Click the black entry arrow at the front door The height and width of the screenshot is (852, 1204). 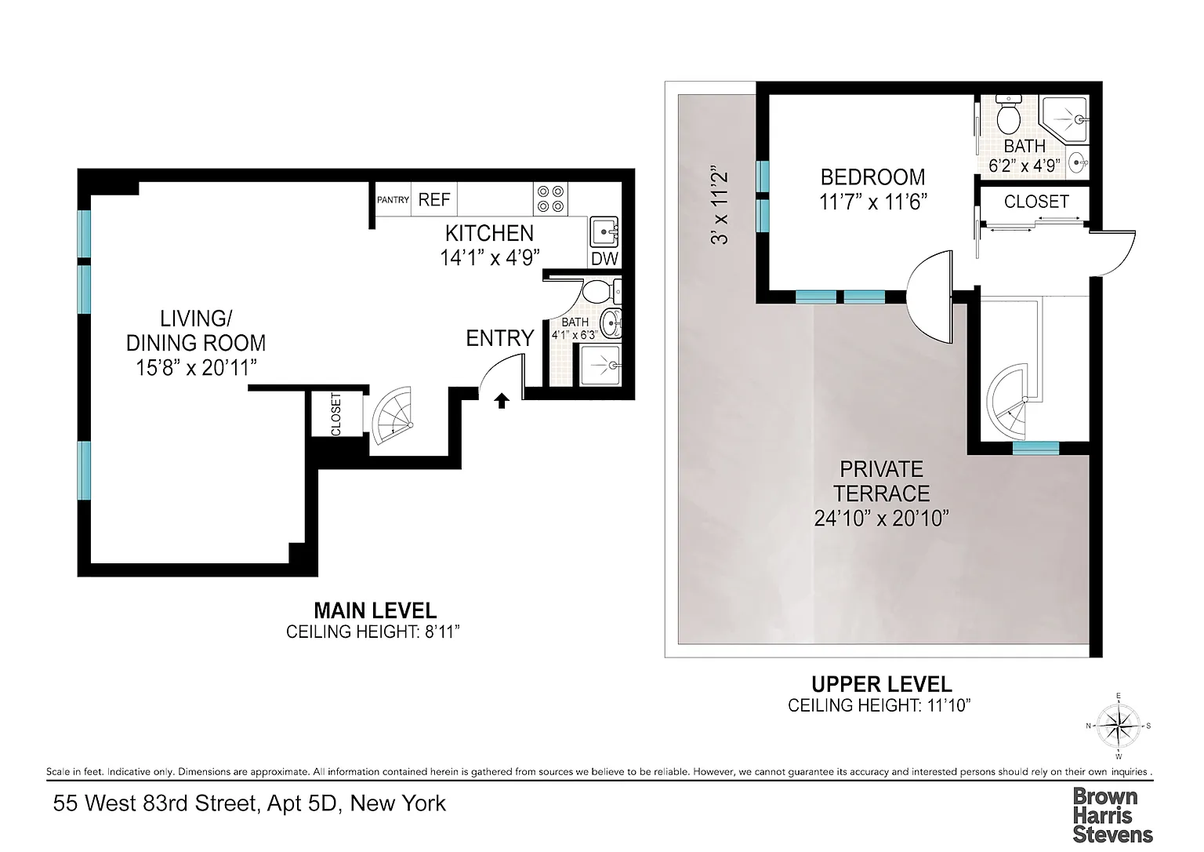click(x=502, y=401)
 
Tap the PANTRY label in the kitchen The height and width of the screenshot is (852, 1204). click(x=393, y=199)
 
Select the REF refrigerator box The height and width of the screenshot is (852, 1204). click(x=434, y=199)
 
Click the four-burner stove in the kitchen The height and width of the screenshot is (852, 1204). click(x=550, y=199)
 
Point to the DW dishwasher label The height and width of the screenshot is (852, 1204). click(x=604, y=259)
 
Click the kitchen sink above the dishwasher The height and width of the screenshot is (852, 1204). click(x=604, y=231)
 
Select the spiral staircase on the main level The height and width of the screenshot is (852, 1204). click(x=393, y=416)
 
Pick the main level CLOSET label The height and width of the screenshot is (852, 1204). click(x=336, y=414)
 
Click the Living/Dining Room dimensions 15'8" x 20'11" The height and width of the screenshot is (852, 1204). click(x=196, y=368)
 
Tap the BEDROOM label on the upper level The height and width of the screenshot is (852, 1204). click(x=872, y=177)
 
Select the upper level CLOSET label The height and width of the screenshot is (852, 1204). click(x=1036, y=201)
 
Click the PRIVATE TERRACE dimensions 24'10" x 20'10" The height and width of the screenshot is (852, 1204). click(x=882, y=518)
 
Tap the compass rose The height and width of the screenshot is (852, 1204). click(x=1118, y=726)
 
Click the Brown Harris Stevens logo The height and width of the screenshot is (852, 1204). click(x=1112, y=815)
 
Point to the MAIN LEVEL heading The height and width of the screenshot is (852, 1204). click(x=375, y=610)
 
